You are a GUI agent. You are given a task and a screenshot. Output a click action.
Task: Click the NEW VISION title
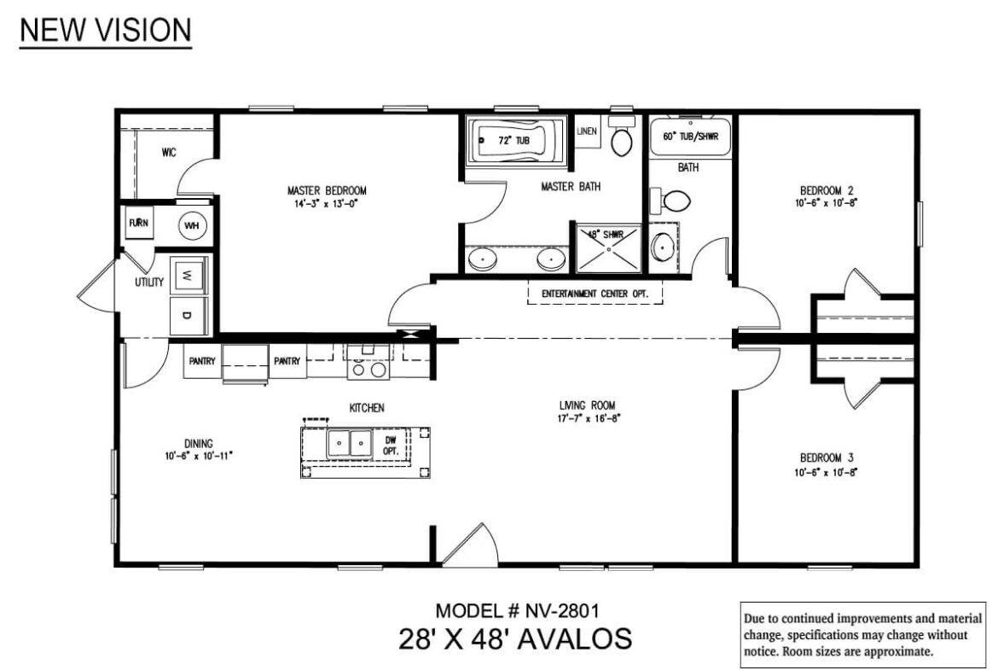[x=106, y=30]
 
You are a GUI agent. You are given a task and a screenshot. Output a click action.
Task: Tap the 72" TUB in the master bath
[x=515, y=140]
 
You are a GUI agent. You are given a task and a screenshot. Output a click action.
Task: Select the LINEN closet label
[x=587, y=131]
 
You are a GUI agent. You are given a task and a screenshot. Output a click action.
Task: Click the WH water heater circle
[x=192, y=225]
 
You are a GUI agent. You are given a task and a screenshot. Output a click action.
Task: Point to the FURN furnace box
[x=139, y=223]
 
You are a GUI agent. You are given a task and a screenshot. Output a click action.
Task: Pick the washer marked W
[x=187, y=276]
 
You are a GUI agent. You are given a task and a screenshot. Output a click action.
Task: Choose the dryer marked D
[x=187, y=315]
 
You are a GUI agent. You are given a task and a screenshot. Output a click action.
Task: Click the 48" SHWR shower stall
[x=609, y=248]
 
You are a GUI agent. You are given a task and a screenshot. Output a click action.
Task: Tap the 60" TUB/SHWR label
[x=691, y=137]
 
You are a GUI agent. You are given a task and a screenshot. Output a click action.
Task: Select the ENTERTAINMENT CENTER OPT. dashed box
[x=595, y=294]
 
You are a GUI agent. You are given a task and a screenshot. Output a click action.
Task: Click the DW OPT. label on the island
[x=390, y=446]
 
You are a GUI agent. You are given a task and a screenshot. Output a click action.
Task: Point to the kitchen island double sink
[x=350, y=443]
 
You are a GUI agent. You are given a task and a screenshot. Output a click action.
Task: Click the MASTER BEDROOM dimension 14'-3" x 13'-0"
[x=327, y=204]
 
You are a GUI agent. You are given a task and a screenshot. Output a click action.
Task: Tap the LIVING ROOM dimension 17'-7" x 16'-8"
[x=589, y=418]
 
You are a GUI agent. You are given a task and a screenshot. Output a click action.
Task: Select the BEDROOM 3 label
[x=827, y=458]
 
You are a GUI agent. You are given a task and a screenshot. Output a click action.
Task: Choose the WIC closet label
[x=169, y=152]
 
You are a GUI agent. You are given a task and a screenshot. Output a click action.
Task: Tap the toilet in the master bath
[x=622, y=137]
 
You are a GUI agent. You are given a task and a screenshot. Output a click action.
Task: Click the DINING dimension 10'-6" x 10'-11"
[x=199, y=456]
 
